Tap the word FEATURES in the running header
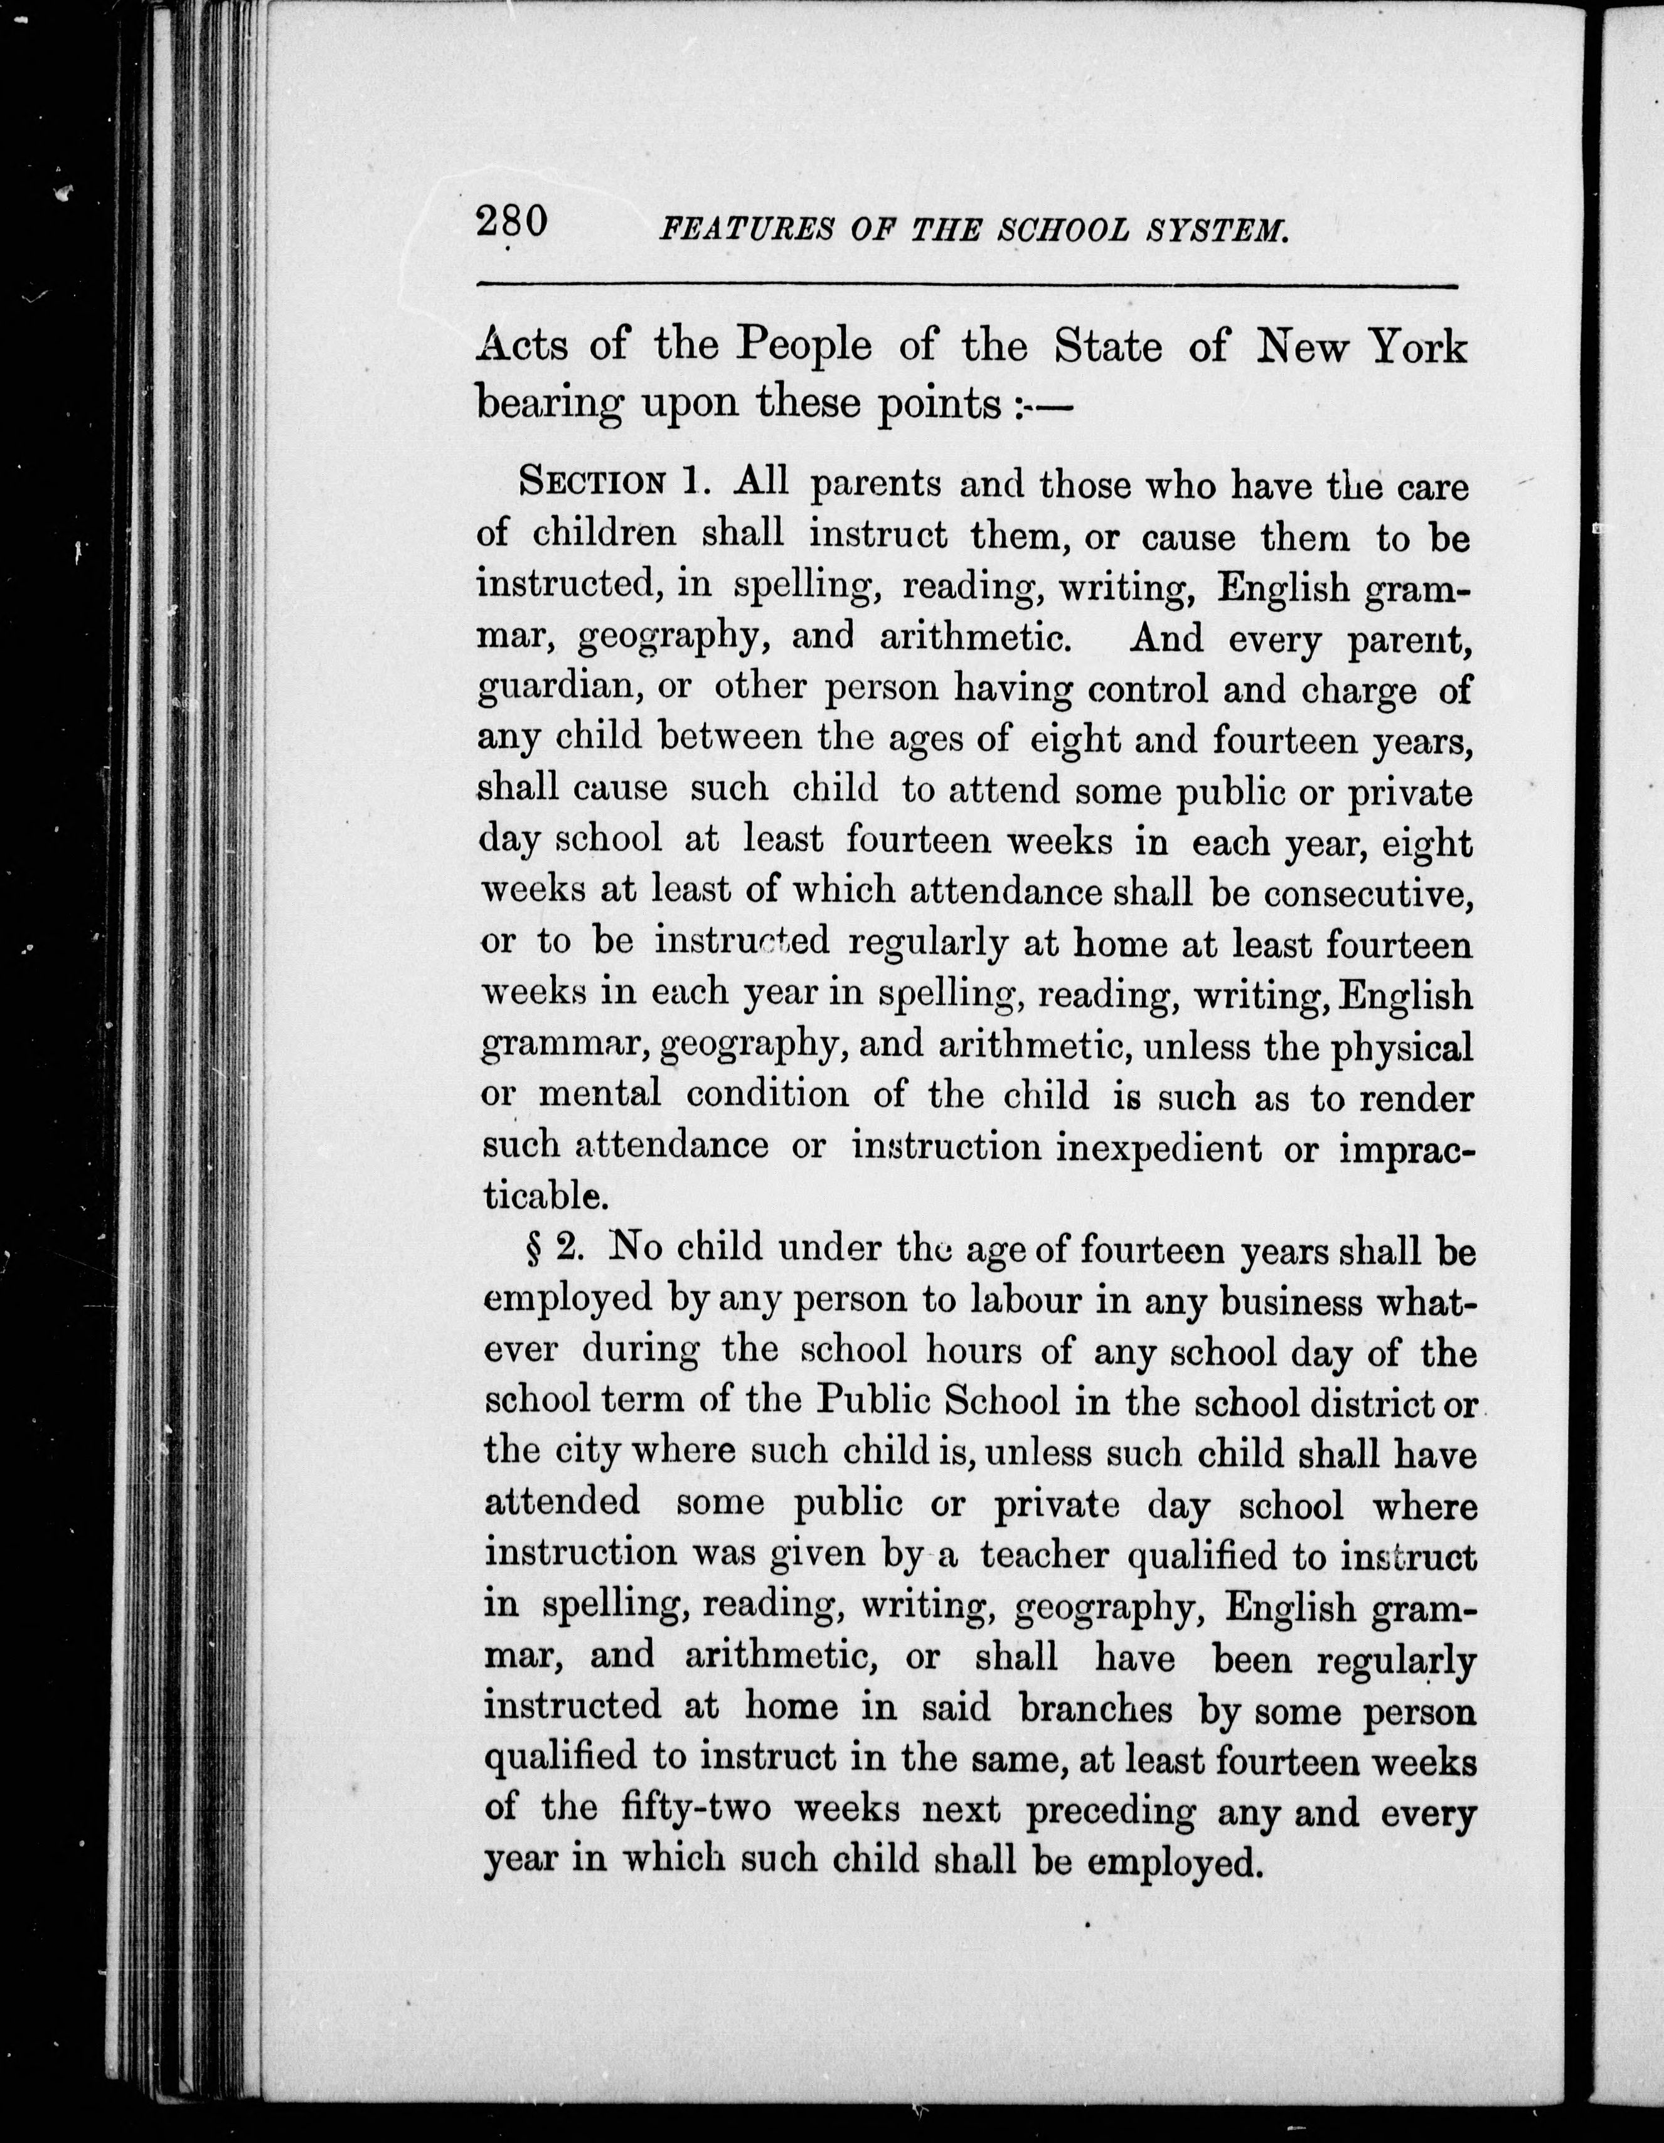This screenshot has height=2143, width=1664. (x=745, y=231)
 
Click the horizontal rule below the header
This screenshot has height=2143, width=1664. (x=966, y=285)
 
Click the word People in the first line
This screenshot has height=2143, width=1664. (x=804, y=346)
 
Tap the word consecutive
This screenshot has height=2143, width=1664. (x=1367, y=893)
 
